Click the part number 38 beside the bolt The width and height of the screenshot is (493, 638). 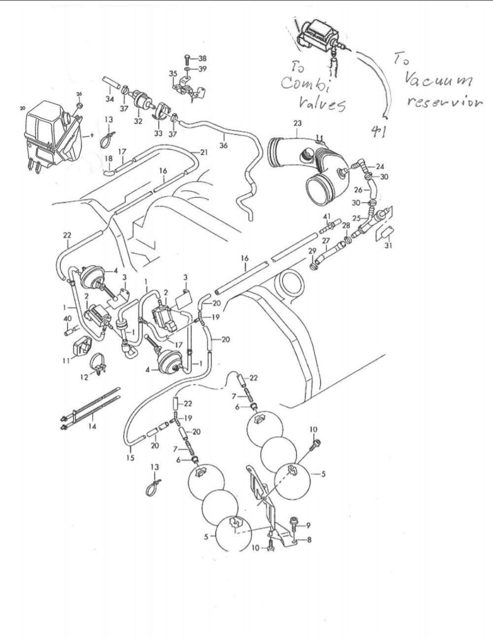click(x=203, y=58)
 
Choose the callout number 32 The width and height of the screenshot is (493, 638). click(x=138, y=121)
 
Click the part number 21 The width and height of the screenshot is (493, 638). click(x=204, y=152)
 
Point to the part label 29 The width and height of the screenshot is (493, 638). click(x=312, y=251)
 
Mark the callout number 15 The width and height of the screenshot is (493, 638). click(x=131, y=457)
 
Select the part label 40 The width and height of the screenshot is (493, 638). click(x=68, y=318)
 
